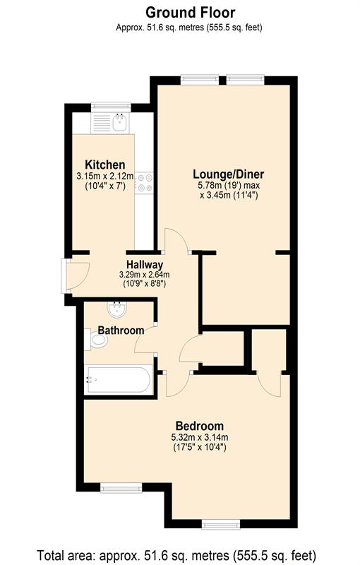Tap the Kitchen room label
tap(105, 165)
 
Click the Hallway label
tap(145, 264)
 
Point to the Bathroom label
tap(121, 330)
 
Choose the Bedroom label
tap(199, 426)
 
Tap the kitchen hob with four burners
tap(144, 183)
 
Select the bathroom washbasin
tap(115, 310)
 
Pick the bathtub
tap(117, 381)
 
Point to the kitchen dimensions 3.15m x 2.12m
tap(104, 176)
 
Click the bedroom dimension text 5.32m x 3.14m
tap(199, 437)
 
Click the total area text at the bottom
tap(176, 555)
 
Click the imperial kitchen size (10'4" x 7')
tap(104, 186)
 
